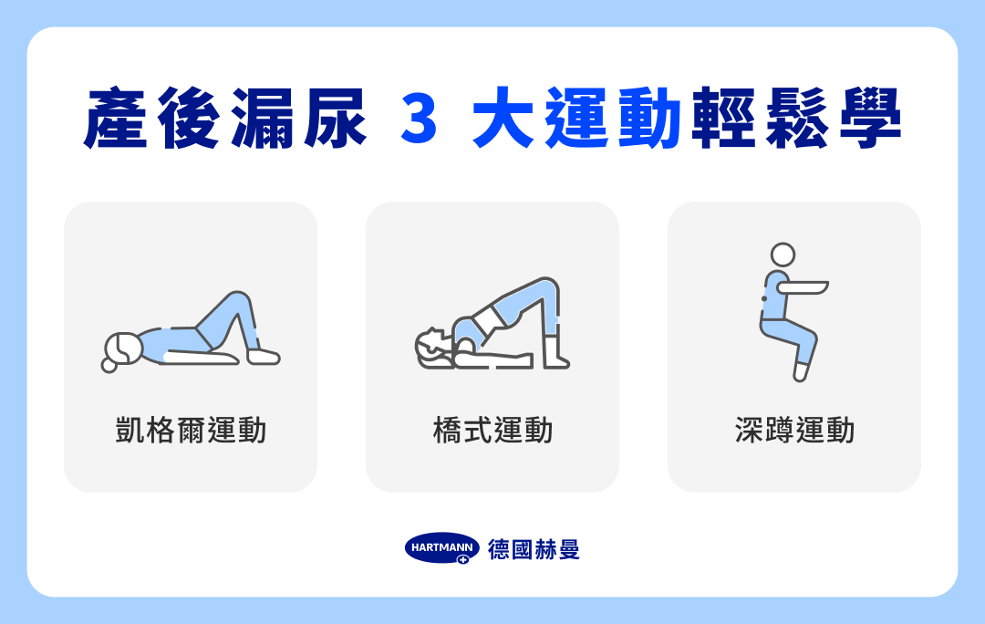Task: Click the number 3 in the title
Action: (420, 119)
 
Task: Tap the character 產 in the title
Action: (116, 119)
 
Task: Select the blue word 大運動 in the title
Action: (578, 119)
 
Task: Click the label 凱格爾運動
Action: (191, 430)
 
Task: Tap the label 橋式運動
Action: (493, 430)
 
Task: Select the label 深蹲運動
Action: (794, 430)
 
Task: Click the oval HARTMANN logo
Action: (441, 548)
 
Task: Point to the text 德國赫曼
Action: (534, 548)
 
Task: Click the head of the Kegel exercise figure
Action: (122, 348)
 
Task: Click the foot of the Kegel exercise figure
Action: (264, 356)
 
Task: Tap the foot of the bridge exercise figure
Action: (555, 361)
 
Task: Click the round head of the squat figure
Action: (783, 254)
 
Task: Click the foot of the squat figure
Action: (800, 372)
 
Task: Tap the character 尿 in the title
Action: (335, 119)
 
